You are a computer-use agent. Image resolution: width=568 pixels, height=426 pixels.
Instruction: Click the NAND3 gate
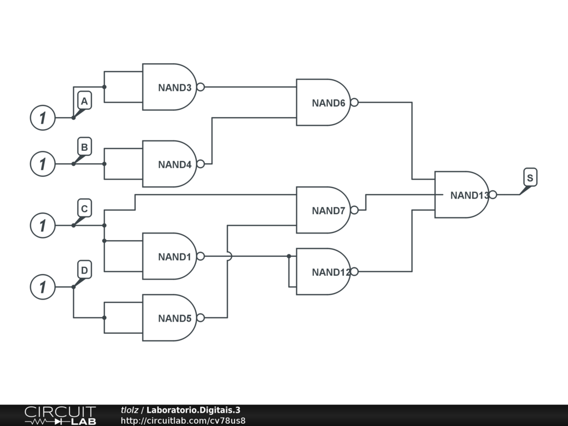[x=170, y=87]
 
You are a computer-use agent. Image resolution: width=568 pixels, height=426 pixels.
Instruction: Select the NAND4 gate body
[x=170, y=164]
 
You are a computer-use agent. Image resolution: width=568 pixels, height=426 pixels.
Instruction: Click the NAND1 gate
[x=170, y=256]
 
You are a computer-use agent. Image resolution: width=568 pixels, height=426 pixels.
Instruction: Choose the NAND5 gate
[x=170, y=318]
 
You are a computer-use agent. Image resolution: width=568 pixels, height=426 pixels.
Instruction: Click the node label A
[x=84, y=102]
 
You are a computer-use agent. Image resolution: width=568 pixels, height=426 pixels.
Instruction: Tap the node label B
[x=84, y=147]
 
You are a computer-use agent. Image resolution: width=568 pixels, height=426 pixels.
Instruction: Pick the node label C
[x=84, y=209]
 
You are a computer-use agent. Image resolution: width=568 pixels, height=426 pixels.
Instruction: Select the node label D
[x=84, y=271]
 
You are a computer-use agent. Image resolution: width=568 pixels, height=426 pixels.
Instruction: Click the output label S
[x=530, y=178]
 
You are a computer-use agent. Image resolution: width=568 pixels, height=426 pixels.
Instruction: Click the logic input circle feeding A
[x=43, y=118]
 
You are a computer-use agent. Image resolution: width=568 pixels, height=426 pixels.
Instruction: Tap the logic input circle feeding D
[x=43, y=287]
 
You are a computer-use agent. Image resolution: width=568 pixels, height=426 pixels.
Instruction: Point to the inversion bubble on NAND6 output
[x=354, y=102]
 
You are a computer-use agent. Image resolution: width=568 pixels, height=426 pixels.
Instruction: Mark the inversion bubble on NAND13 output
[x=493, y=195]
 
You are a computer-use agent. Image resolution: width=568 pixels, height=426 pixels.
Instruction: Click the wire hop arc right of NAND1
[x=229, y=256]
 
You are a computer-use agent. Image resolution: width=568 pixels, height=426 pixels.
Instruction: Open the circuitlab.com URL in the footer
[x=183, y=420]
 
